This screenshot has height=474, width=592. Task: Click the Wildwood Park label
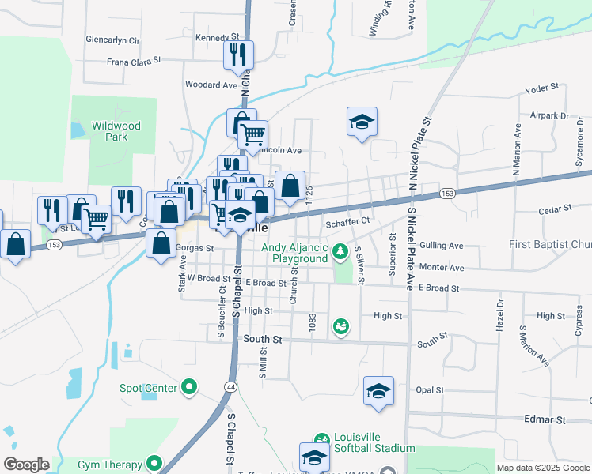tap(116, 131)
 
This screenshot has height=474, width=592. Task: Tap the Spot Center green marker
tap(188, 387)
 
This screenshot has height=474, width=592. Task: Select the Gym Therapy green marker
tap(154, 464)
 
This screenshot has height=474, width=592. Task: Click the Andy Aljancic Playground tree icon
tap(340, 252)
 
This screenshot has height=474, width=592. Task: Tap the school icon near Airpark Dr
tap(362, 122)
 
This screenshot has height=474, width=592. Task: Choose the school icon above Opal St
tap(379, 391)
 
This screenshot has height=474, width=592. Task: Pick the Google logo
tap(26, 465)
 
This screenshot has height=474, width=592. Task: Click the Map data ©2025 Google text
tap(543, 467)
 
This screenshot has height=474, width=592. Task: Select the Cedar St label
tap(554, 209)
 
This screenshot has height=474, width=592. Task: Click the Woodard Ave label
tap(211, 85)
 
